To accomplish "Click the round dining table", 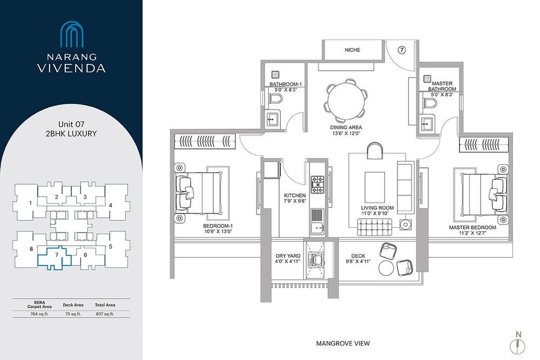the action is [x=346, y=101].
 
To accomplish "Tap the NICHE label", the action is [x=352, y=50].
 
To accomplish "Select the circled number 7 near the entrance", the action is [x=402, y=50].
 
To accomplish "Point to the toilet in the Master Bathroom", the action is [x=429, y=103].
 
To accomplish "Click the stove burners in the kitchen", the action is [x=317, y=185].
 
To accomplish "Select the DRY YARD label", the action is [x=288, y=256].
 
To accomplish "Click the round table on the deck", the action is [x=387, y=268].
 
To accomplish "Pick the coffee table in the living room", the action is [x=375, y=187].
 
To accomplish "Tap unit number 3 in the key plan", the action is [x=85, y=197].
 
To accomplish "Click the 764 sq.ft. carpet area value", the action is [x=39, y=314].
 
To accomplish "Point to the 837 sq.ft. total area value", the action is [x=105, y=314].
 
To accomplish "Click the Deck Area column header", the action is [x=73, y=305].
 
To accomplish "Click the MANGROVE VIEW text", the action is [x=343, y=343].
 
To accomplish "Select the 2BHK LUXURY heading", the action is [x=71, y=133].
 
